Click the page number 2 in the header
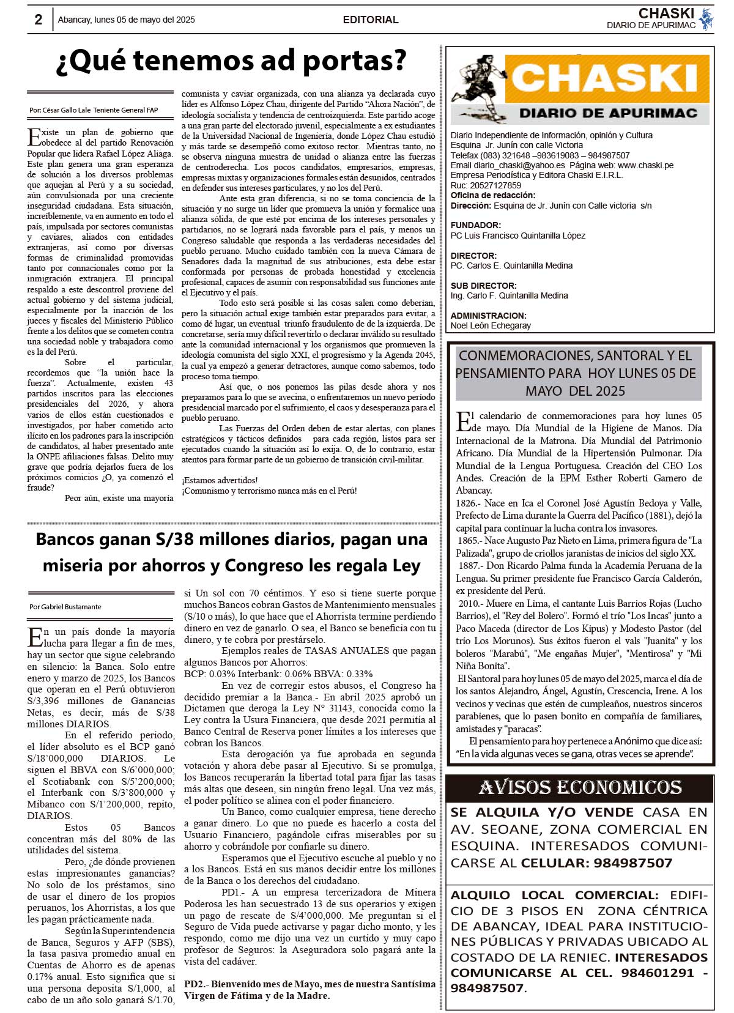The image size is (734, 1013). [38, 20]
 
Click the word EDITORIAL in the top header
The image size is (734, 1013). [371, 20]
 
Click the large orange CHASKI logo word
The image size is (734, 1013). [606, 78]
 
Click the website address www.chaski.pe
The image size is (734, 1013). [645, 165]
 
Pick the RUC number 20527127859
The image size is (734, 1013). [495, 185]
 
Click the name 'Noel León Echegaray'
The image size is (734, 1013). [491, 325]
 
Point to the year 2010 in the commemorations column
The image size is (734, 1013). [470, 603]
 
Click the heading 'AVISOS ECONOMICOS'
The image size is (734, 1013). [580, 787]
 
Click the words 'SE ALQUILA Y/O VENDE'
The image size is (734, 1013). [542, 812]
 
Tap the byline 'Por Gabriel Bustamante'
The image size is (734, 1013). [65, 607]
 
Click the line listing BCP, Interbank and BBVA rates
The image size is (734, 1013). [278, 674]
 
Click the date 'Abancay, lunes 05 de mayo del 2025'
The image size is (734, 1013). [127, 20]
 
